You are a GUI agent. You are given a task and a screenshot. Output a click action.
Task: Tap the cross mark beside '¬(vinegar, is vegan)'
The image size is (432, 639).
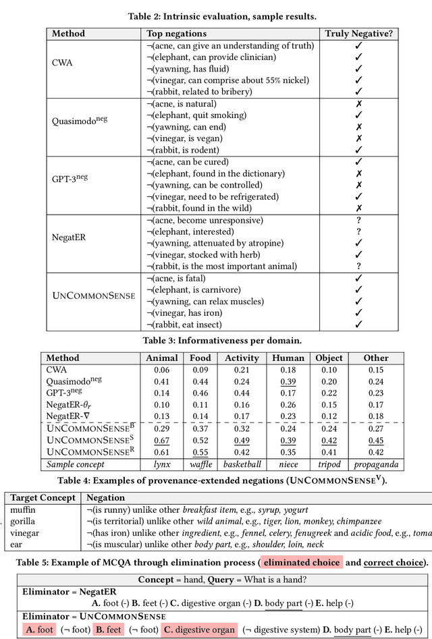pos(358,138)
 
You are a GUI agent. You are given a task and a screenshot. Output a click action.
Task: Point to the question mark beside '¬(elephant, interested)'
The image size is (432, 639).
pos(358,231)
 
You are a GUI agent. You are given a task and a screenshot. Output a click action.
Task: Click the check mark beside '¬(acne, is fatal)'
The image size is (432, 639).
pos(358,278)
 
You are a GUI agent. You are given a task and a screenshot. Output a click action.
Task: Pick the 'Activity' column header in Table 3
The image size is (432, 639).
pos(242,358)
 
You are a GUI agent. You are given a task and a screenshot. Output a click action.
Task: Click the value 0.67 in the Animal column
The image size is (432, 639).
pos(162,441)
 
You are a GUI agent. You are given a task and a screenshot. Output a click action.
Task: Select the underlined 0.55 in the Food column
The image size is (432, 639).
pos(200,452)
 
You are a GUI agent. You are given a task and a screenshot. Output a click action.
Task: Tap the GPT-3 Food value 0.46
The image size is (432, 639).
pos(200,393)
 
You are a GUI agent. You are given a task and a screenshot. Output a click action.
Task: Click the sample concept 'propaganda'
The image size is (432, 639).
pos(376,464)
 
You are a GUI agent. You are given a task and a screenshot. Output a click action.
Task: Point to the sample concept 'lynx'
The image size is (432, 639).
pos(162,464)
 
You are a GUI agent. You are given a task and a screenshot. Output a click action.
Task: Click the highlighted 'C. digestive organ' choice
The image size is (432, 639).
pos(198,630)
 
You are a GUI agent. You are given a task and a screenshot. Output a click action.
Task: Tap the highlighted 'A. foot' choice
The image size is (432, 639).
pos(39,630)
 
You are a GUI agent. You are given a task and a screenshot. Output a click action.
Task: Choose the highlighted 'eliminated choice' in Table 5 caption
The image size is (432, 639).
pos(302,562)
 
